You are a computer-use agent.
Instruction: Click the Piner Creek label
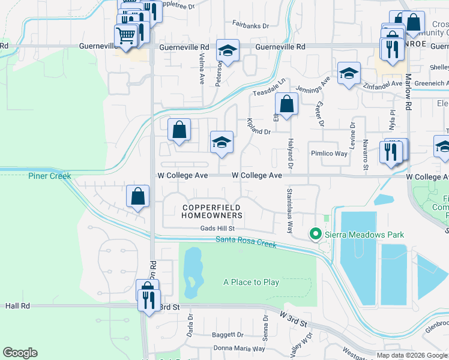(49, 176)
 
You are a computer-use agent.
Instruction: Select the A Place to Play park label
(251, 282)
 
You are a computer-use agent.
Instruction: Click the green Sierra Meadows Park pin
(315, 235)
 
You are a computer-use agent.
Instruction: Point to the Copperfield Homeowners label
(212, 211)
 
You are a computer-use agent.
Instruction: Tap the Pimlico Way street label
(329, 154)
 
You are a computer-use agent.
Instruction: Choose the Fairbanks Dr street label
(251, 26)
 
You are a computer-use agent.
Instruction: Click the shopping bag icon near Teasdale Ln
(287, 104)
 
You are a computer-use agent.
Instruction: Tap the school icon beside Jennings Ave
(349, 74)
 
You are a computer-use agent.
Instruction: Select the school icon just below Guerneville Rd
(228, 52)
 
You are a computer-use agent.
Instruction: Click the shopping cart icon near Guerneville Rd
(125, 36)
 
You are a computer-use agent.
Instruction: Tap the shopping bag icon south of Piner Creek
(138, 196)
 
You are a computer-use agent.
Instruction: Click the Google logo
(20, 353)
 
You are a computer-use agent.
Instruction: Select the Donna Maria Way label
(240, 348)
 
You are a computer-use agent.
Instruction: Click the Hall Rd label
(17, 305)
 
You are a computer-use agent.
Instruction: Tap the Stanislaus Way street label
(290, 210)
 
